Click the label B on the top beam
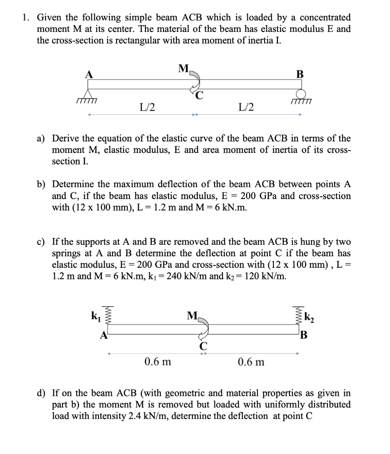tap(300, 74)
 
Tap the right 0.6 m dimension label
tap(251, 362)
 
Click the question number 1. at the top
tap(27, 18)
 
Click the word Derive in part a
tap(66, 139)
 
